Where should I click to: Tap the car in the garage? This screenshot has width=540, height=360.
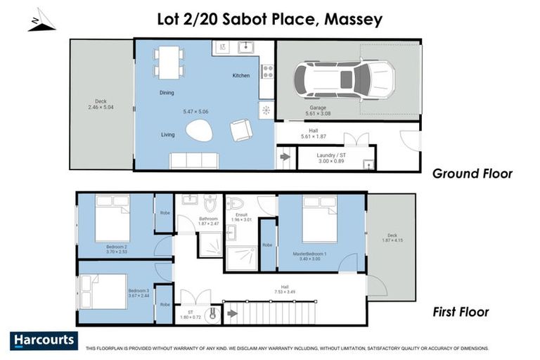coord(343,79)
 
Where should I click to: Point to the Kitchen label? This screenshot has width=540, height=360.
coord(241,76)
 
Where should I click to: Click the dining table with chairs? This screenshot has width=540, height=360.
coord(168,62)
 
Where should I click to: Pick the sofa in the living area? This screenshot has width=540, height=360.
coord(194,161)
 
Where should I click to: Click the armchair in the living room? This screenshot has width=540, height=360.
coord(241,130)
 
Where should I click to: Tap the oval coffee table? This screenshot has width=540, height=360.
coord(200,131)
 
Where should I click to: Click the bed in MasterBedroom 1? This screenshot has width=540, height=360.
coord(320,219)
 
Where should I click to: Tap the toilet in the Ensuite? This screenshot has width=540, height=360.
coord(235,204)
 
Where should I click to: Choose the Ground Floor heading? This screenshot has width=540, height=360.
coord(472,174)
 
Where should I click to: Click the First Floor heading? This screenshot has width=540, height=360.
coord(461,311)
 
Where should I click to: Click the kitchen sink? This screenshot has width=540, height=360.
coord(245,48)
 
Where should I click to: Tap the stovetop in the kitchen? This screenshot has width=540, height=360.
coord(267,71)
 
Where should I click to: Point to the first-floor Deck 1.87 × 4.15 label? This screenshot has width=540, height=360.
coord(391,239)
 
